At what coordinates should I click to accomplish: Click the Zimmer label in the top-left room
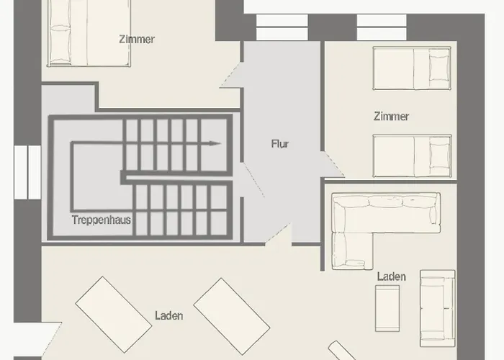tap(137, 40)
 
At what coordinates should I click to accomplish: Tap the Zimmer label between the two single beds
tap(392, 116)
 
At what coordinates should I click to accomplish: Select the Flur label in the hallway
tap(280, 144)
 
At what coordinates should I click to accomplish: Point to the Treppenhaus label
tap(102, 220)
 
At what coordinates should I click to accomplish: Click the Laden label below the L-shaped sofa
tap(391, 276)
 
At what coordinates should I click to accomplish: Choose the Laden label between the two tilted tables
tap(168, 315)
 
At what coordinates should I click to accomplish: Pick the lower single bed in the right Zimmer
tap(411, 154)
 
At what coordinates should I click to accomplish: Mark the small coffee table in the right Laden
tap(387, 308)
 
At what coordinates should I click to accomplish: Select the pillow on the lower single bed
tap(438, 154)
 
